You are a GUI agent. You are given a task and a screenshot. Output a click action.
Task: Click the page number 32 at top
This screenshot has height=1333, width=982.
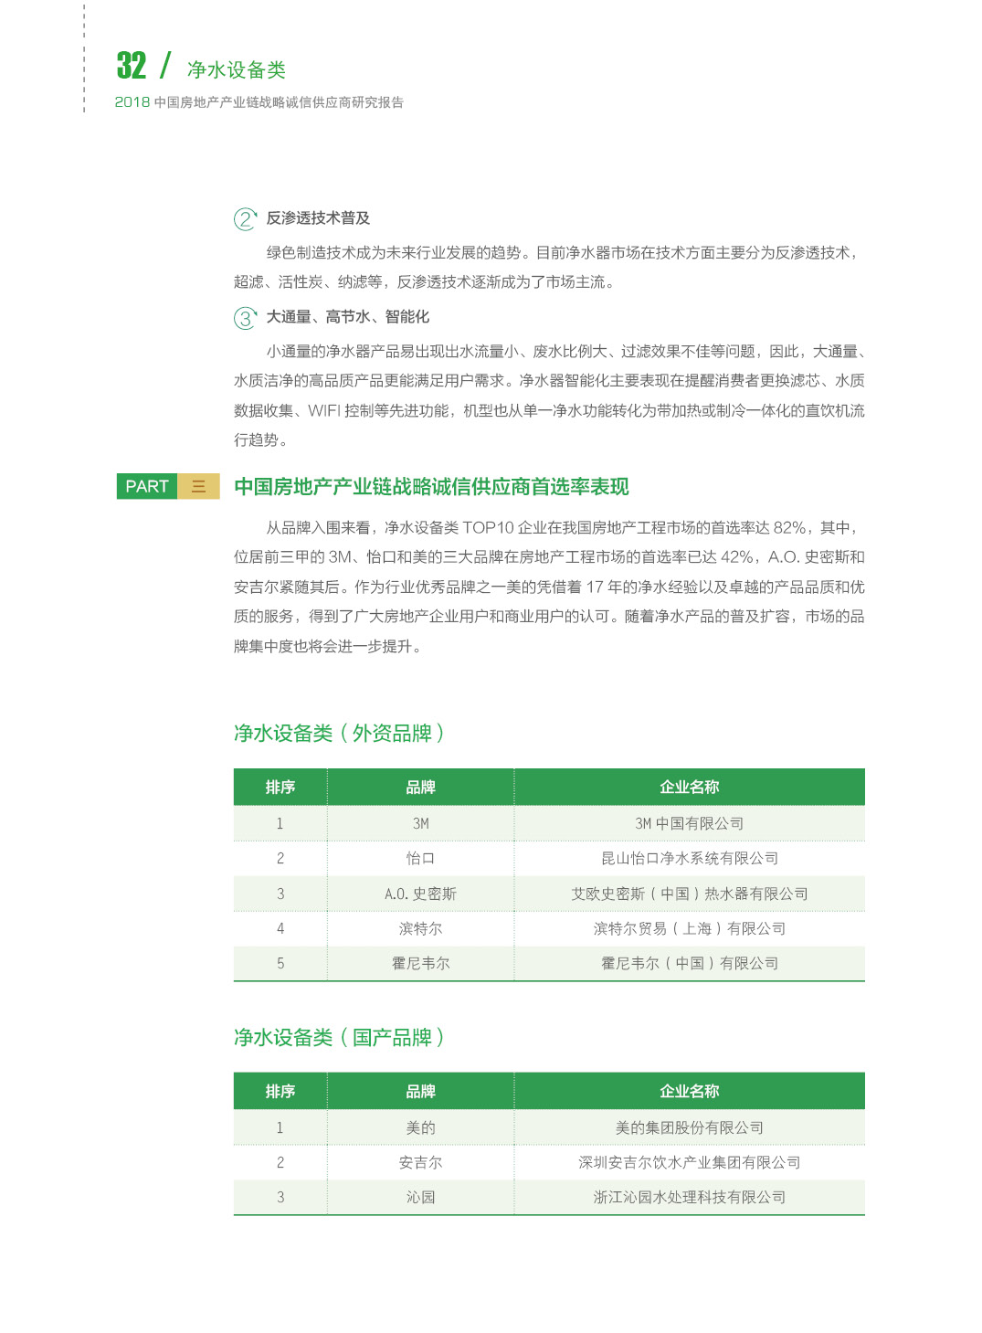[132, 66]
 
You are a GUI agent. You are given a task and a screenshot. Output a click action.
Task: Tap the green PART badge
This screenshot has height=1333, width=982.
[147, 486]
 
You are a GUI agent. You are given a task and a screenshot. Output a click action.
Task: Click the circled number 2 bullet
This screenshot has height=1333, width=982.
[245, 219]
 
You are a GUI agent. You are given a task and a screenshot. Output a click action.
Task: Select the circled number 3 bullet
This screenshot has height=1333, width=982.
[245, 318]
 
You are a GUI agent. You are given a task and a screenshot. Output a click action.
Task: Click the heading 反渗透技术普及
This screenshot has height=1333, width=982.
[318, 218]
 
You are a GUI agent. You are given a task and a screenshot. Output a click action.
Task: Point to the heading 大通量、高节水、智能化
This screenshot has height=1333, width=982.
[347, 317]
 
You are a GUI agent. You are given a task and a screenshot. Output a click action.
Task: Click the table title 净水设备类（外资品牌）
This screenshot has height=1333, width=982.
[339, 734]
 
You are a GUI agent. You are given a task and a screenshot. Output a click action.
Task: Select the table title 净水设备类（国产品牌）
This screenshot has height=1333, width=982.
[339, 1038]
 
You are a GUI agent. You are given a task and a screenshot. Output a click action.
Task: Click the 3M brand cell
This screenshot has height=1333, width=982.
[420, 823]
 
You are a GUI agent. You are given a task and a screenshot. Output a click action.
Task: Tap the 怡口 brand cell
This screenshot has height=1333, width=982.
[420, 859]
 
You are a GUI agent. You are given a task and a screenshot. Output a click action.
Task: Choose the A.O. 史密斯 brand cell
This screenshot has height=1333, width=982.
[420, 894]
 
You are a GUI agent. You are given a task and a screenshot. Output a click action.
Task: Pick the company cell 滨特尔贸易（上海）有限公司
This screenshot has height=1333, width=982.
[689, 928]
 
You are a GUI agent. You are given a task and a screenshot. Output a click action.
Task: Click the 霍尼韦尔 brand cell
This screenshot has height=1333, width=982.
[420, 963]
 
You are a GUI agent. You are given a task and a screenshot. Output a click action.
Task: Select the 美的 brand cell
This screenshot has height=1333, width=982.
[420, 1127]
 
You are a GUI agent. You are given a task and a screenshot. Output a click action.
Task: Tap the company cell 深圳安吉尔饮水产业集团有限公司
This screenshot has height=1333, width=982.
[689, 1162]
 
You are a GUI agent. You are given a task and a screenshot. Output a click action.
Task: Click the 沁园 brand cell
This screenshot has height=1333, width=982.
[420, 1197]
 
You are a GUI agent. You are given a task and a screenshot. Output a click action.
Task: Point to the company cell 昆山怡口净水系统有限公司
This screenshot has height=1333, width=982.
[689, 859]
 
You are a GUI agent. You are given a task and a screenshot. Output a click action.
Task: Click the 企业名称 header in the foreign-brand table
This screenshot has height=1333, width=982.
[689, 787]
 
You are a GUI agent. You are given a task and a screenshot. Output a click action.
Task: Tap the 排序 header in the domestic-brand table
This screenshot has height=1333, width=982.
[280, 1091]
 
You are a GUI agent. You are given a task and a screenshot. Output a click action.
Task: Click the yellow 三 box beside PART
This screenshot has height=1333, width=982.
[198, 486]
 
